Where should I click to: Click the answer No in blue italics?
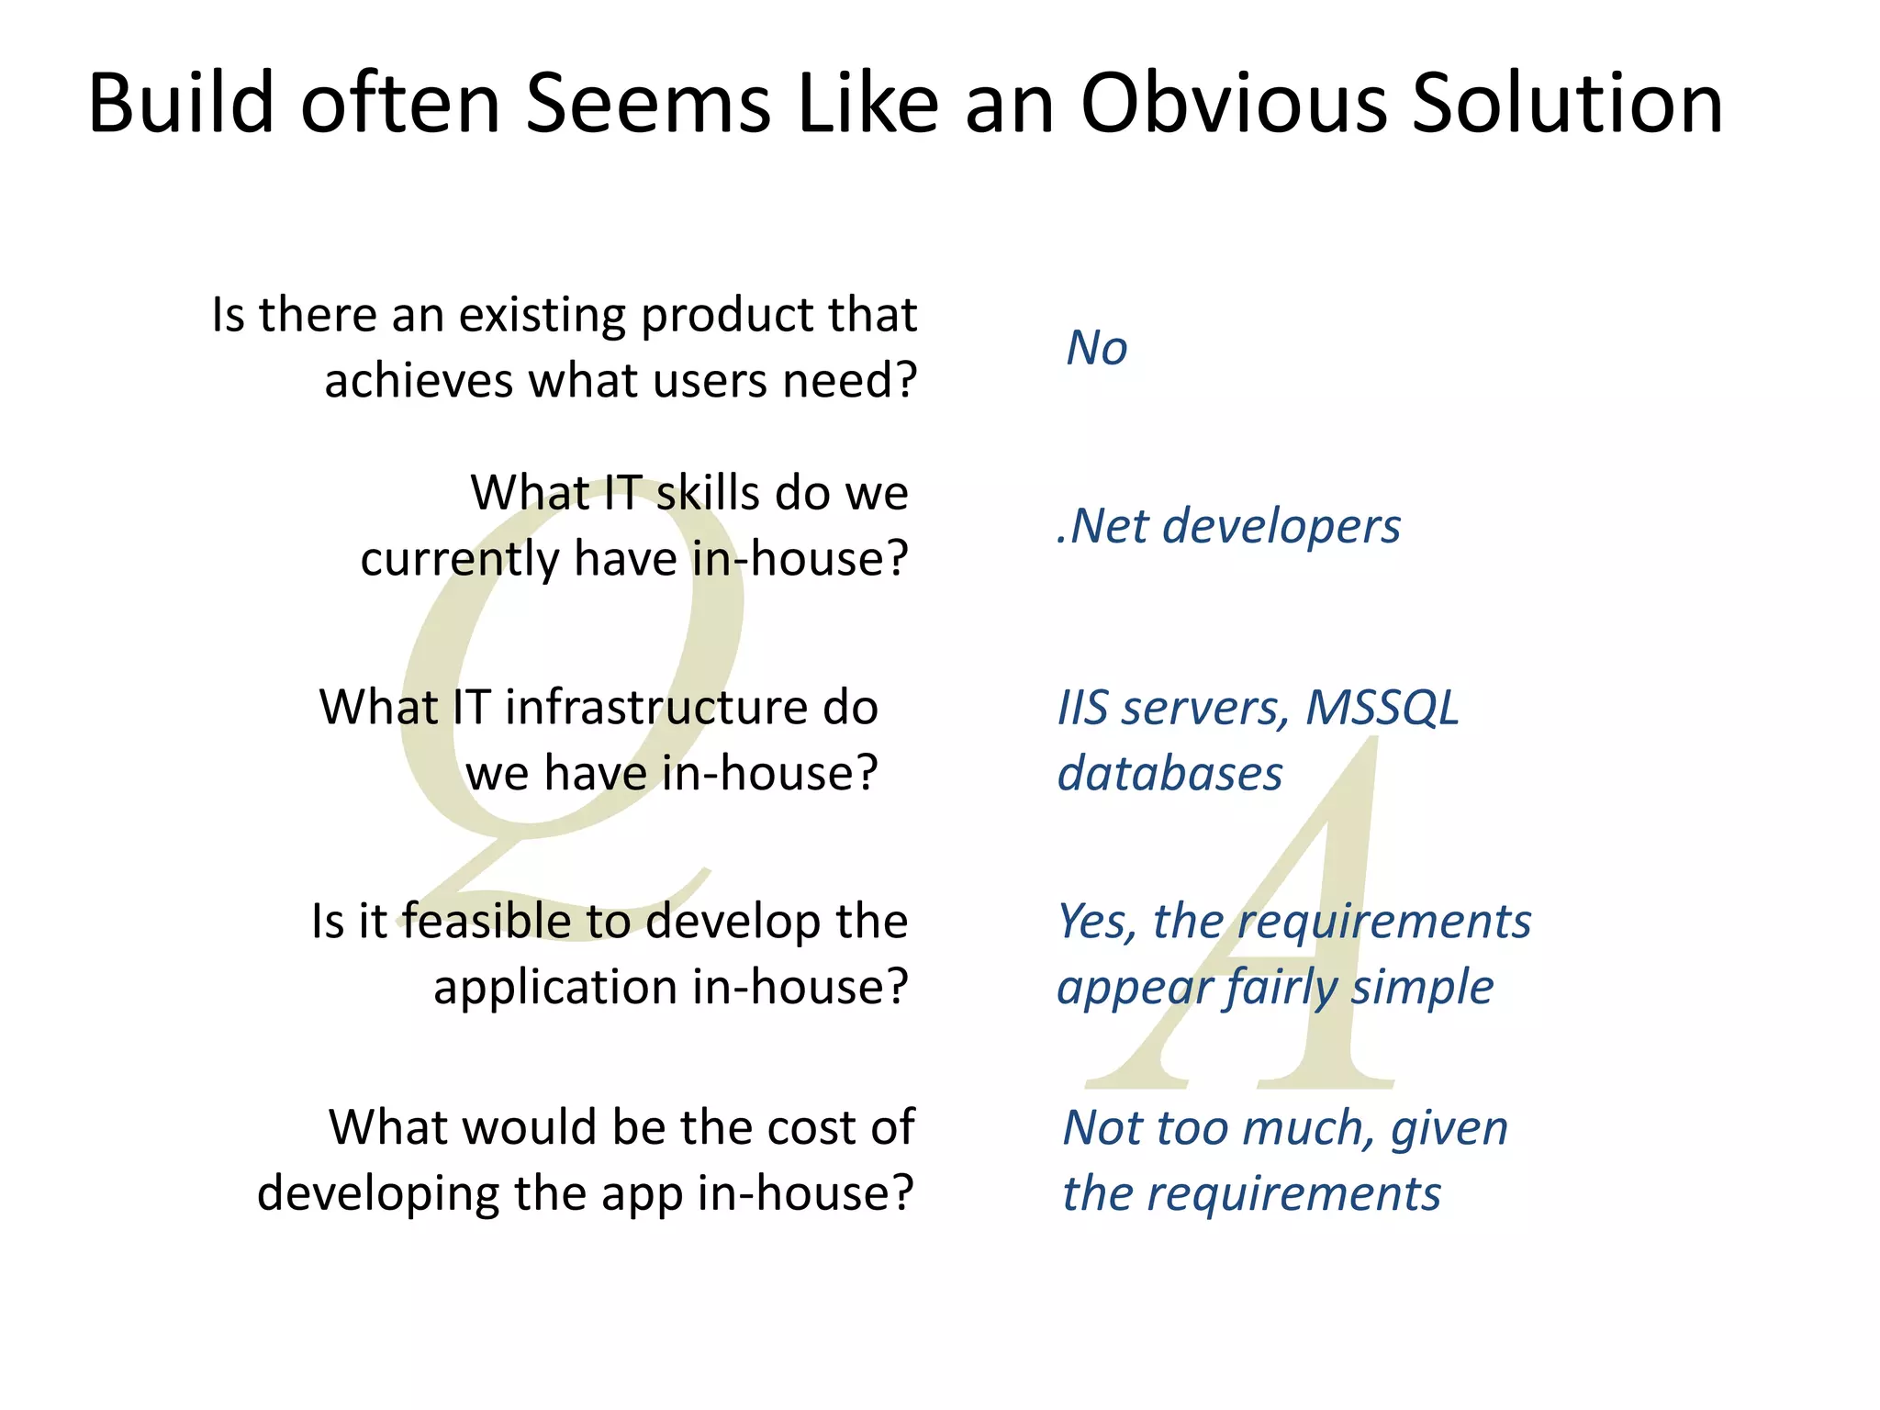[x=1096, y=348]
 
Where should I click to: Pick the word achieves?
[x=419, y=380]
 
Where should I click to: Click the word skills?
[x=708, y=493]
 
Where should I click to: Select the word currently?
[x=459, y=559]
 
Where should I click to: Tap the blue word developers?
[x=1281, y=526]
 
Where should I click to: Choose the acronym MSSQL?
[x=1382, y=708]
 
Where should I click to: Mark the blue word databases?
[x=1169, y=774]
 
